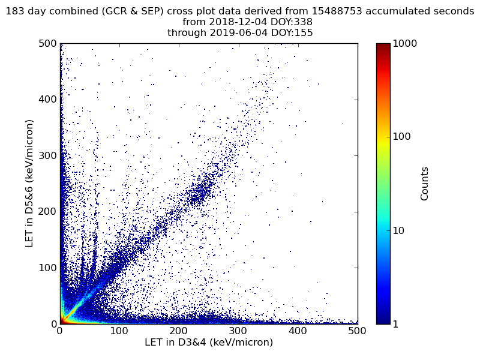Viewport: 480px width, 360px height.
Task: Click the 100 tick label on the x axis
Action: pyautogui.click(x=119, y=331)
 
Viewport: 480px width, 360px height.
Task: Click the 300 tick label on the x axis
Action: pyautogui.click(x=238, y=331)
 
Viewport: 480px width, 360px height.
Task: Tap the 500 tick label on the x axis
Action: pyautogui.click(x=357, y=331)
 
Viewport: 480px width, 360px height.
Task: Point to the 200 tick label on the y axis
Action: pyautogui.click(x=47, y=212)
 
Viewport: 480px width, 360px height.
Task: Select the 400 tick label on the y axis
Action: pyautogui.click(x=47, y=100)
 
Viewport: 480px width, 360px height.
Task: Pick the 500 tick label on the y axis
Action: pyautogui.click(x=47, y=44)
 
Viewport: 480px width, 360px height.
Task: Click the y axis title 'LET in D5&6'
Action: pyautogui.click(x=29, y=183)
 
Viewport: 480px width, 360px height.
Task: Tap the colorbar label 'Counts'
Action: pyautogui.click(x=425, y=184)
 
